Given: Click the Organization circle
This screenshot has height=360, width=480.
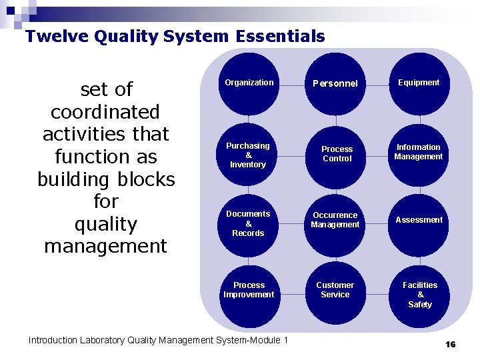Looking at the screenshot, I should [249, 84].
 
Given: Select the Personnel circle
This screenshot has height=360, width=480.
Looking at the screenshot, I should [336, 84].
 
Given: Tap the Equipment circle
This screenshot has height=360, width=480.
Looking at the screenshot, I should [419, 84].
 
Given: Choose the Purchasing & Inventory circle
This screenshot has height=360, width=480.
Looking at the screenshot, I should [248, 155].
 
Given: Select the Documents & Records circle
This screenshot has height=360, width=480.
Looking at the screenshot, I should [248, 224].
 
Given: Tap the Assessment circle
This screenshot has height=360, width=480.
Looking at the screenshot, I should [419, 221].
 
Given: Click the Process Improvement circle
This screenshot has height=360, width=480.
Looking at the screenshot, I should [249, 291].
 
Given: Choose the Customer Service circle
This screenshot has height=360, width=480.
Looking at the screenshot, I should [335, 291].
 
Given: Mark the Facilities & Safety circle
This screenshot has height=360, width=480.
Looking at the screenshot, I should [420, 295].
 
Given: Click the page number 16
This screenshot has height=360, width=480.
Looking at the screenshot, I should [450, 344].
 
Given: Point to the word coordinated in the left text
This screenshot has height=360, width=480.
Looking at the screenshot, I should [105, 112].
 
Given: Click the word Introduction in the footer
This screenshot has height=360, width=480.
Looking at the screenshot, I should [53, 341].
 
